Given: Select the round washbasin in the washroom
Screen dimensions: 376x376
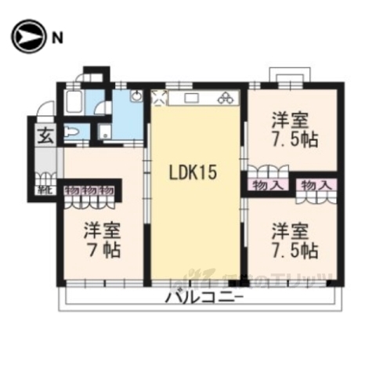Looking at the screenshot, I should pyautogui.click(x=136, y=97).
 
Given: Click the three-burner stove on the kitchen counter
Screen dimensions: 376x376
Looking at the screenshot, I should pyautogui.click(x=225, y=99).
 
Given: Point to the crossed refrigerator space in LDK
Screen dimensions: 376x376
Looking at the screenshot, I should pyautogui.click(x=159, y=98).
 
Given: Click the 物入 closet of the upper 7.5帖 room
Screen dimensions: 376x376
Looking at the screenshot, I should pyautogui.click(x=267, y=185).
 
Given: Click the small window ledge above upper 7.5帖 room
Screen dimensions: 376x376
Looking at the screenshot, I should pyautogui.click(x=290, y=75).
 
